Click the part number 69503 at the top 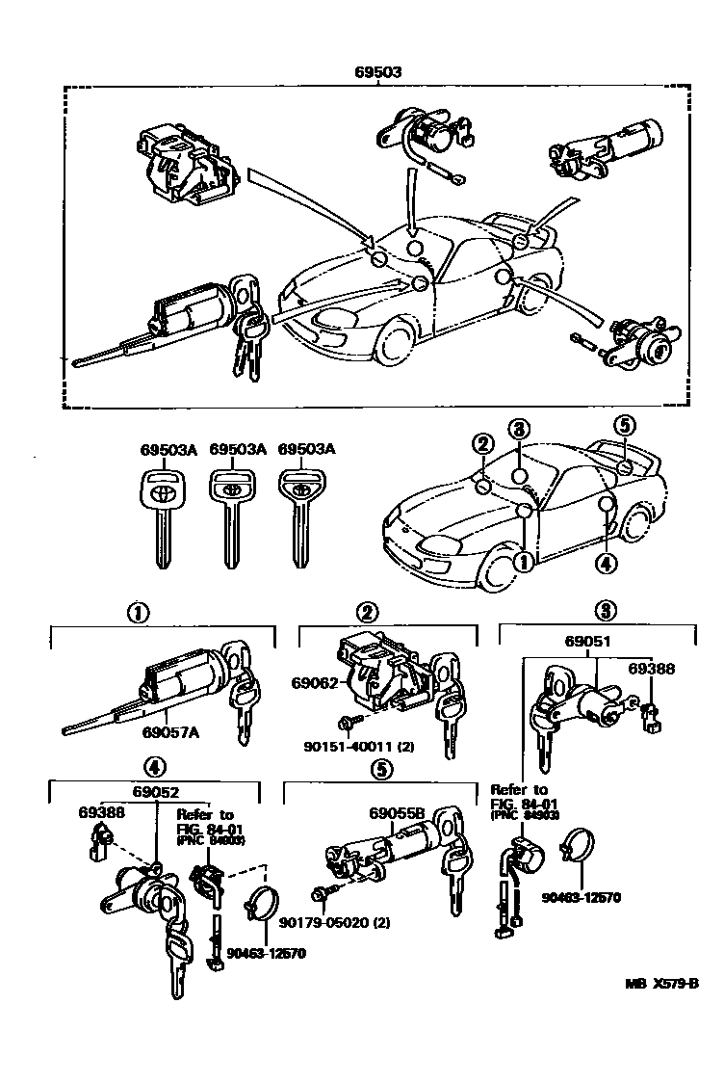[x=377, y=71]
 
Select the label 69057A [x=170, y=732]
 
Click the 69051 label [x=595, y=641]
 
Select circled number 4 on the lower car [x=606, y=564]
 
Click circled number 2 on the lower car [x=482, y=442]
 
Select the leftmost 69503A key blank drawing [x=161, y=516]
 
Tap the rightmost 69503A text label [x=305, y=448]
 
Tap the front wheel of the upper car [x=398, y=346]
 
